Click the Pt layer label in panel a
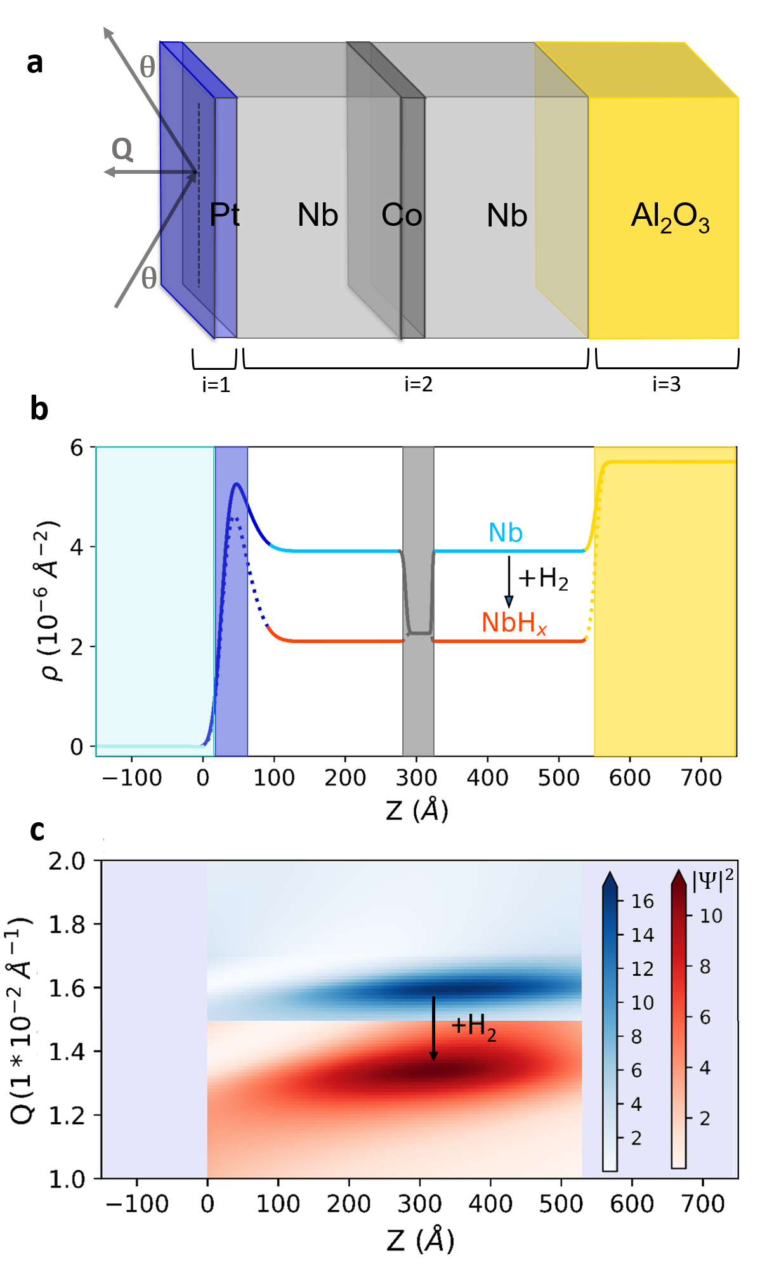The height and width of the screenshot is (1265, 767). pyautogui.click(x=224, y=215)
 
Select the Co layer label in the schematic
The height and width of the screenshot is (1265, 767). pyautogui.click(x=402, y=215)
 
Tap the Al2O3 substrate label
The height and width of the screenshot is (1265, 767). pyautogui.click(x=670, y=218)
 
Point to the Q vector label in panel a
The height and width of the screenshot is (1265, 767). pyautogui.click(x=122, y=150)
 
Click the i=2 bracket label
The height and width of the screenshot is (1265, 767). pyautogui.click(x=418, y=384)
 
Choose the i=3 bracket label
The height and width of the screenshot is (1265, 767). pyautogui.click(x=666, y=384)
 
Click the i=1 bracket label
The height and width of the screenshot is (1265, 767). pyautogui.click(x=216, y=384)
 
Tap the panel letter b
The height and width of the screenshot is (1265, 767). pyautogui.click(x=39, y=409)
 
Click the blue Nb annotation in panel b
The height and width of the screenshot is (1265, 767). pyautogui.click(x=505, y=533)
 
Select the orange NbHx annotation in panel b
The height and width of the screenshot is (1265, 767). pyautogui.click(x=514, y=623)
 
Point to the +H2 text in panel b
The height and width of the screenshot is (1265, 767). pyautogui.click(x=543, y=579)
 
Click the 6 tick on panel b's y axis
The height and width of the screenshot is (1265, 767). pyautogui.click(x=77, y=448)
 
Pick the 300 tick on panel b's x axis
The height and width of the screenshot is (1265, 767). pyautogui.click(x=416, y=777)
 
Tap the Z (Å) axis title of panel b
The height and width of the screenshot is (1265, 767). pyautogui.click(x=417, y=810)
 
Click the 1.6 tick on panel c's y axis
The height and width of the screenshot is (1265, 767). pyautogui.click(x=67, y=988)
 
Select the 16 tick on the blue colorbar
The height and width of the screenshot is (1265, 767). pyautogui.click(x=642, y=901)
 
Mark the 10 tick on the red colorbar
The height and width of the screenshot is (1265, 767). pyautogui.click(x=711, y=915)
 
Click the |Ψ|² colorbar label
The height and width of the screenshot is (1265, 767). pyautogui.click(x=712, y=880)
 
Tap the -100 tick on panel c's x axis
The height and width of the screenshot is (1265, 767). pyautogui.click(x=137, y=1203)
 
